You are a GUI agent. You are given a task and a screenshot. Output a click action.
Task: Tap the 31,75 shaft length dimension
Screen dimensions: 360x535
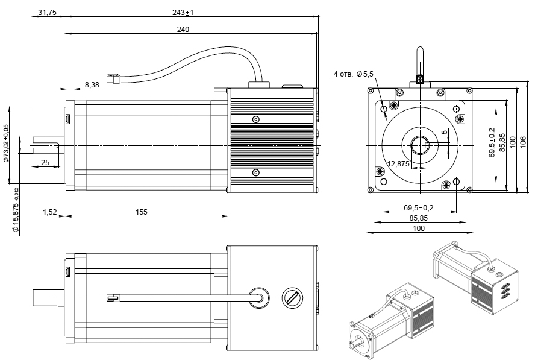coord(47,13)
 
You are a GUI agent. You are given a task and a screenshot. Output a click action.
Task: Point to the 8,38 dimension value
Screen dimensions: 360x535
coord(92,84)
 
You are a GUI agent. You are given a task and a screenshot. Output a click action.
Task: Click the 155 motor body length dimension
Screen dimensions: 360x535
coord(142,212)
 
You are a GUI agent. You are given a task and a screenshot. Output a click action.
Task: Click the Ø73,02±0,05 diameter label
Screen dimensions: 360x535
coord(6,145)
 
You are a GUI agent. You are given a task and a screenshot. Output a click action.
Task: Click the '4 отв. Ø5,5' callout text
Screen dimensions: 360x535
coord(354,74)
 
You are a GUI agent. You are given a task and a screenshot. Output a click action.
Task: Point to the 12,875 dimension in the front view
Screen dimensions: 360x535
coord(398,163)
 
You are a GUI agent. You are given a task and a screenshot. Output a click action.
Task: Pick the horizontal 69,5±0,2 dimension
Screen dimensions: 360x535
coord(419,207)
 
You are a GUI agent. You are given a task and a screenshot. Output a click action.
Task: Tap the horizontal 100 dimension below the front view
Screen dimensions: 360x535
coord(419,228)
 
